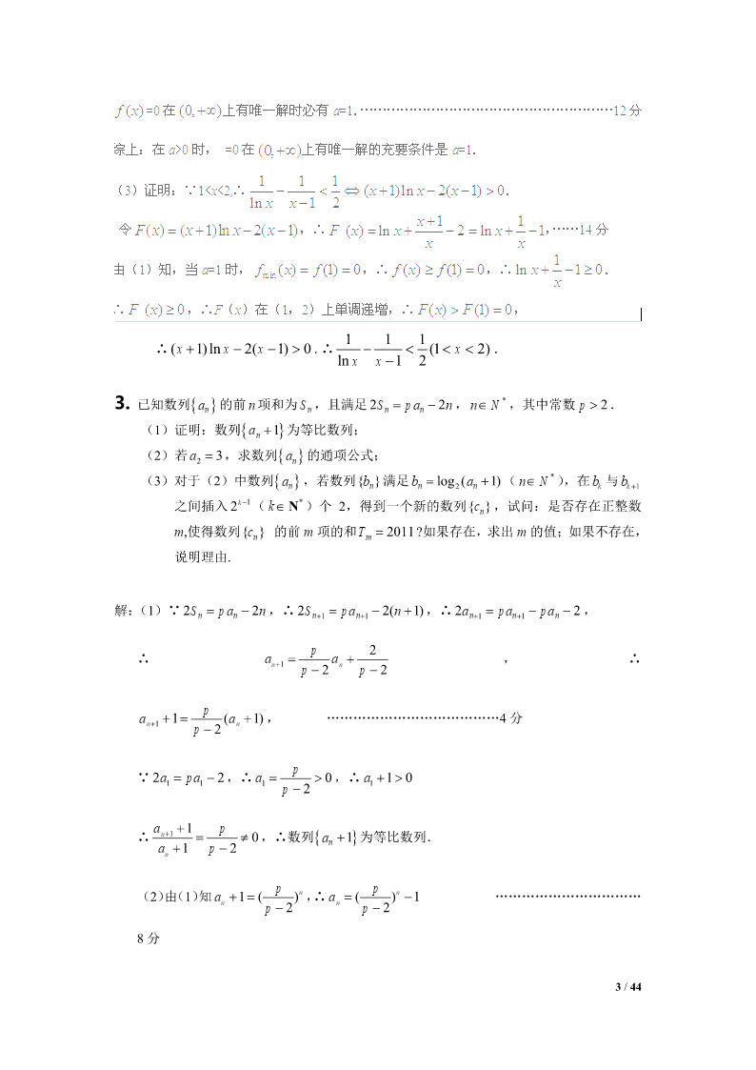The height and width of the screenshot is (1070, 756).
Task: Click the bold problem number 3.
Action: (121, 403)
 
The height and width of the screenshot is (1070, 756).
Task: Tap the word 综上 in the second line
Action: (126, 150)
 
